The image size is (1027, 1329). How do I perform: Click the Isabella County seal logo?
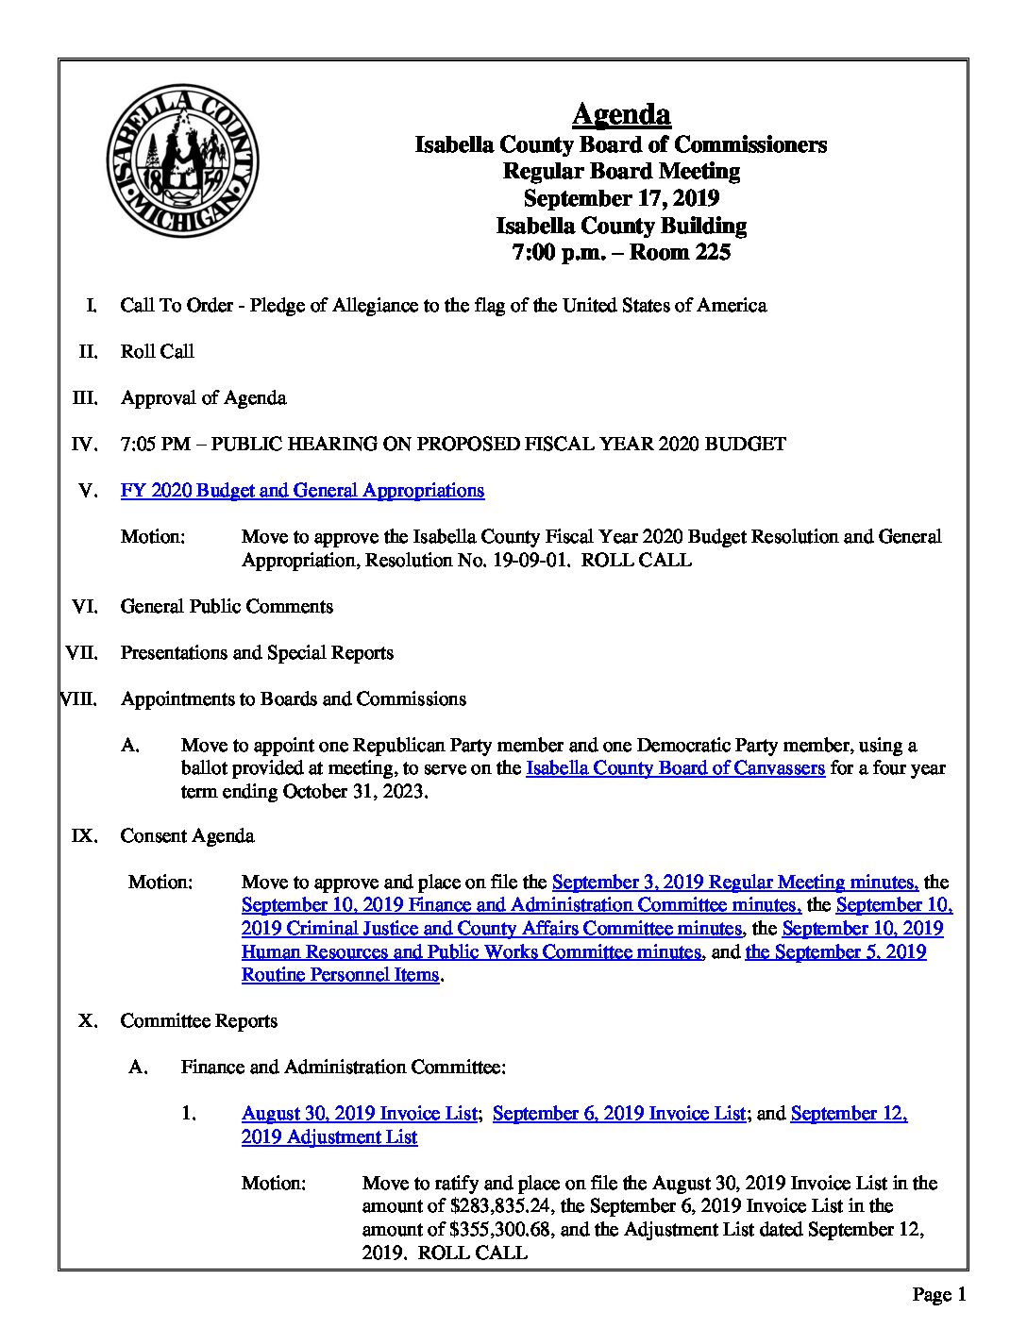pos(182,160)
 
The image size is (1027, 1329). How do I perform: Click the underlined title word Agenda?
pos(621,114)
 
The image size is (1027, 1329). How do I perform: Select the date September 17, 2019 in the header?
pos(621,198)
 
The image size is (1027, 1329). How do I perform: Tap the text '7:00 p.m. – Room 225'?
pos(621,252)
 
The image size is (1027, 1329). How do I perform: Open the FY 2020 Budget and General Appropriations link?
pos(302,490)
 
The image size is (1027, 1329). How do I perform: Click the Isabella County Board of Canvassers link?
pos(675,767)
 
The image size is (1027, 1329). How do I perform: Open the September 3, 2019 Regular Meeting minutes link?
pos(734,882)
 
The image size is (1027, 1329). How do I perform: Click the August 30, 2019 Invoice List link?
pos(359,1113)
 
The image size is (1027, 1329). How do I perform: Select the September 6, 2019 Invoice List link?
pos(619,1113)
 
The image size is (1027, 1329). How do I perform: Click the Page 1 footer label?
pos(938,1294)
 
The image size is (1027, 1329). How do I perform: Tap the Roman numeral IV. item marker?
pos(85,444)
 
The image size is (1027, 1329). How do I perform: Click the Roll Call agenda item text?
pos(157,351)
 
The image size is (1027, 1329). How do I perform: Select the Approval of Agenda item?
pos(203,397)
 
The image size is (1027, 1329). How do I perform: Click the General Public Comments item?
pos(227,606)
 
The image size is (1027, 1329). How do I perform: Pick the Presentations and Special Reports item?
pos(257,652)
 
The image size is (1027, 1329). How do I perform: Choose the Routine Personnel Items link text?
pos(340,974)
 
